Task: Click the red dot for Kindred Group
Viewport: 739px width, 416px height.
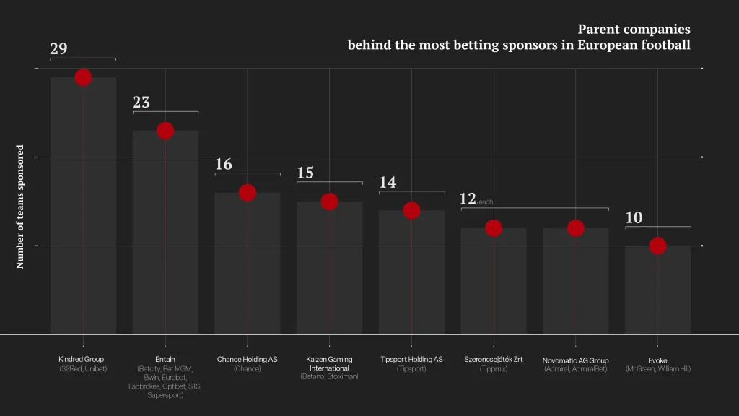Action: (83, 77)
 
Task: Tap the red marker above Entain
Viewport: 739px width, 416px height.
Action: (165, 131)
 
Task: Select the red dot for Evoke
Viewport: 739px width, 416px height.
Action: (658, 246)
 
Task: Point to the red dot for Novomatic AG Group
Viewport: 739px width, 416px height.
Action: (575, 228)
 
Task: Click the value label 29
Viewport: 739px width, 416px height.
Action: (59, 48)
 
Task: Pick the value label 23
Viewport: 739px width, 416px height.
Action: (141, 102)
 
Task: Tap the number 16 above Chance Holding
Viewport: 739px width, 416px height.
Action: (224, 164)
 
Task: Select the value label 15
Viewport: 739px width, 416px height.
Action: (305, 173)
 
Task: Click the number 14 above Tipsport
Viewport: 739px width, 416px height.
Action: (388, 182)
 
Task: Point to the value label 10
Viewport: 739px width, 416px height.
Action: (634, 217)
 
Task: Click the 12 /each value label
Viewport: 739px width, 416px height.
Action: (476, 199)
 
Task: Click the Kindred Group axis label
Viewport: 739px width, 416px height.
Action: (81, 359)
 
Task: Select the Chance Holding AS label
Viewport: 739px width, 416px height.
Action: (247, 359)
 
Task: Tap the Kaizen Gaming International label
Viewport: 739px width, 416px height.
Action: (329, 364)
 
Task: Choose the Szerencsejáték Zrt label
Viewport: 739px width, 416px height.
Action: (494, 359)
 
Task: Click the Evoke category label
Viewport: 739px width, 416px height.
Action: (657, 360)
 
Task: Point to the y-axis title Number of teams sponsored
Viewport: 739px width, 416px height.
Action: (19, 207)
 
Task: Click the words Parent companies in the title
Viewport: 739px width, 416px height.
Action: (634, 29)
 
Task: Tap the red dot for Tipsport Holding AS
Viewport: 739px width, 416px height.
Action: (411, 210)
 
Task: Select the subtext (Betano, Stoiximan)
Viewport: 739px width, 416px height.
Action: (329, 376)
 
